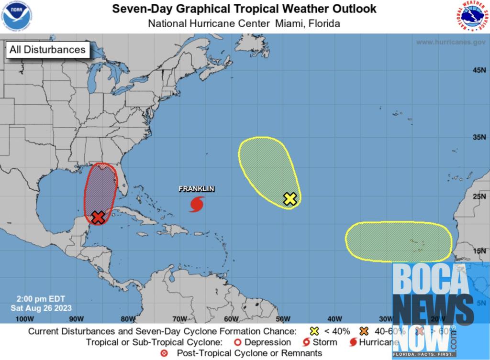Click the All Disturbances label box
pyautogui.click(x=47, y=49)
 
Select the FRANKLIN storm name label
pyautogui.click(x=196, y=189)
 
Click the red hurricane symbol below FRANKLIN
pyautogui.click(x=196, y=204)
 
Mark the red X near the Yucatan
pyautogui.click(x=98, y=218)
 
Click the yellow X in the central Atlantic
pyautogui.click(x=290, y=199)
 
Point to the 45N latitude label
pyautogui.click(x=479, y=70)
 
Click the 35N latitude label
pyautogui.click(x=479, y=137)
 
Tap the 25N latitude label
pyautogui.click(x=479, y=196)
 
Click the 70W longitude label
pyautogui.click(x=179, y=319)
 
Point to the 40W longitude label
pyautogui.click(x=334, y=319)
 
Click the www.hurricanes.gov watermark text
pyautogui.click(x=451, y=42)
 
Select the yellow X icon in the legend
pyautogui.click(x=314, y=331)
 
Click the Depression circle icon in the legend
pyautogui.click(x=237, y=342)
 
